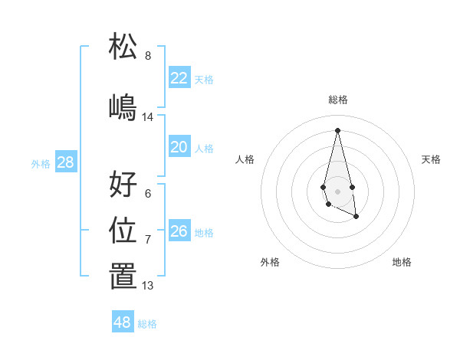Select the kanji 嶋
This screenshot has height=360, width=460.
pyautogui.click(x=123, y=106)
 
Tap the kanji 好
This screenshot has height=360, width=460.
pyautogui.click(x=123, y=184)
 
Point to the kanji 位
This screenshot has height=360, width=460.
pyautogui.click(x=123, y=230)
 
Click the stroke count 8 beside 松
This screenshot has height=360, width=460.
pyautogui.click(x=148, y=56)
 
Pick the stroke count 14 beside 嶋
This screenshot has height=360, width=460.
pyautogui.click(x=148, y=117)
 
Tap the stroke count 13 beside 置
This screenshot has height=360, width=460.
pyautogui.click(x=148, y=286)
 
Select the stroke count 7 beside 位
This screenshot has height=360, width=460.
pyautogui.click(x=148, y=240)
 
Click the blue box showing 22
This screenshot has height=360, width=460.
pyautogui.click(x=179, y=78)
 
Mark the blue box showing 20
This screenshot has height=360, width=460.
pyautogui.click(x=179, y=147)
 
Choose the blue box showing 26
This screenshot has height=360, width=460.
pyautogui.click(x=179, y=231)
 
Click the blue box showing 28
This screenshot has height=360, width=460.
pyautogui.click(x=65, y=162)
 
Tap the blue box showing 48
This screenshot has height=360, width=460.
pyautogui.click(x=123, y=322)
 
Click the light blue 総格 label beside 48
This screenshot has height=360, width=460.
pyautogui.click(x=147, y=324)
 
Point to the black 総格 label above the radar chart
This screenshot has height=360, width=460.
pyautogui.click(x=337, y=100)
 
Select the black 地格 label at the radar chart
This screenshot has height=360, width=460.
pyautogui.click(x=402, y=262)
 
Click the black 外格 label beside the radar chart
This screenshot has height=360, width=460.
pyautogui.click(x=270, y=262)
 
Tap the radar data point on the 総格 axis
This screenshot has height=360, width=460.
pyautogui.click(x=337, y=129)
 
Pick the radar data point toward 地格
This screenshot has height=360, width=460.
pyautogui.click(x=356, y=218)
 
